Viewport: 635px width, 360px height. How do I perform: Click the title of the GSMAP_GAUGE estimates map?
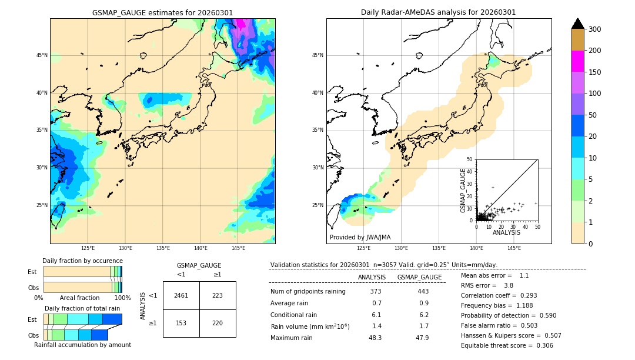pos(162,12)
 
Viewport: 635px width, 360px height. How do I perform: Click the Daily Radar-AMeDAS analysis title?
pos(439,12)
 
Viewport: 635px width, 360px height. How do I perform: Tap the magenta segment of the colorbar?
pos(578,61)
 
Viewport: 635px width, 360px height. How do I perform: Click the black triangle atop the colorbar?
pos(578,24)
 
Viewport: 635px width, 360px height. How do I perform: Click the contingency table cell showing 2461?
pos(181,295)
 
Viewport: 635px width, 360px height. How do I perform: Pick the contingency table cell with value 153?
pos(181,323)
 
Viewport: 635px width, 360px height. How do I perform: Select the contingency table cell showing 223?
pos(218,295)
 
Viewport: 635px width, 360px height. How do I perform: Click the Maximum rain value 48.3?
pos(375,338)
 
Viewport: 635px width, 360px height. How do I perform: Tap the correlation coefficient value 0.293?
pos(526,295)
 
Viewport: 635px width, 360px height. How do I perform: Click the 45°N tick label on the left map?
pos(42,55)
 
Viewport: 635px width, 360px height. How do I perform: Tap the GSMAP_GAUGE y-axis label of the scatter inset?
pos(463,190)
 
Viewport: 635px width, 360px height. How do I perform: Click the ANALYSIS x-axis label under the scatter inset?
pos(506,232)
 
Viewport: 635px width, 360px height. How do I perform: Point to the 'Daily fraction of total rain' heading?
pos(82,308)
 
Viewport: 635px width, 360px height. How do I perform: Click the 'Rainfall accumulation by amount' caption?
pos(82,345)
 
